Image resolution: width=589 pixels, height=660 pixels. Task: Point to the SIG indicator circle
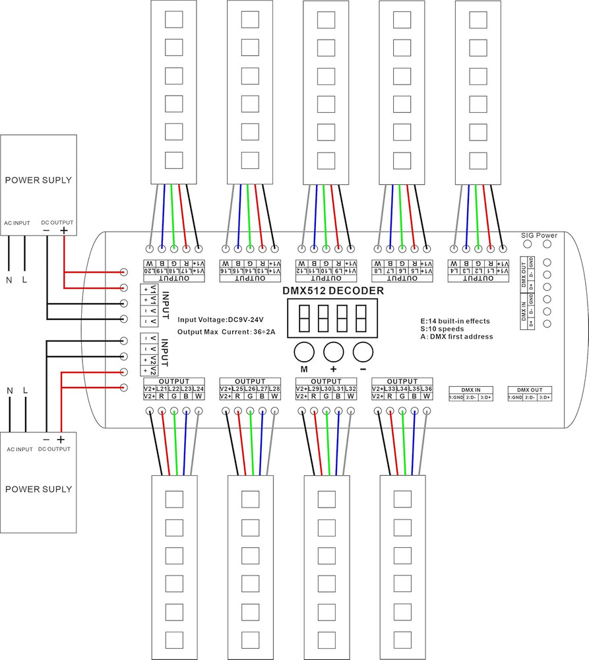tap(527, 245)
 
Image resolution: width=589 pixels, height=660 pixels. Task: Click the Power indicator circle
tap(547, 245)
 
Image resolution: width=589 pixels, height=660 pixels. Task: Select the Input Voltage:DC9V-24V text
tap(220, 319)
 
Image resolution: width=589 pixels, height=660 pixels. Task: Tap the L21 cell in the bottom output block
tap(162, 389)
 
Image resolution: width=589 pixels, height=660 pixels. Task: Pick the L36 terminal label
tap(427, 389)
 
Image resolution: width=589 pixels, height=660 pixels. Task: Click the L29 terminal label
tap(315, 389)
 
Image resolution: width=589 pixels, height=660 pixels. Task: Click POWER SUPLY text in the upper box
tap(38, 180)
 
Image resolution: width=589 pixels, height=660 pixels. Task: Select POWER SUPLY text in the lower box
tap(38, 489)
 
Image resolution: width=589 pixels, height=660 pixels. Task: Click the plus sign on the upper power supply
tap(64, 230)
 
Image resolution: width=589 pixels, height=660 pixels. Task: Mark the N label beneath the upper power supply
tap(9, 280)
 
